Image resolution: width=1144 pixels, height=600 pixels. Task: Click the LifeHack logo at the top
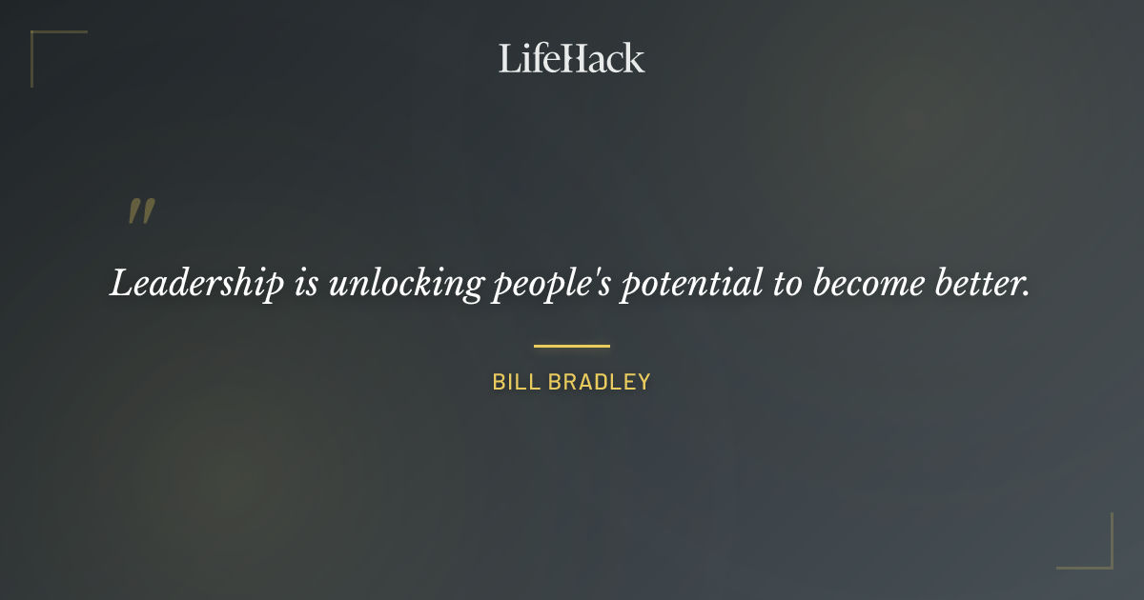tap(572, 58)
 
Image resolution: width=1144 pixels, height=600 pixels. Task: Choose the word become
tap(868, 284)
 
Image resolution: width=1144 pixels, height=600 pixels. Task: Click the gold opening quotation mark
tap(141, 211)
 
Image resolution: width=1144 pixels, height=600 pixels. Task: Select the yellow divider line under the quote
tap(572, 346)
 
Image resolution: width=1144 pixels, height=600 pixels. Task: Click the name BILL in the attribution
tap(515, 382)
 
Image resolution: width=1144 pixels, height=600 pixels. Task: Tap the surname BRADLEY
tap(599, 382)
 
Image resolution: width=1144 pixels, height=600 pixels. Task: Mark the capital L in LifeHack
tap(509, 58)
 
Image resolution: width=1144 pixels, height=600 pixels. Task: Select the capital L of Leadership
tap(121, 284)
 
